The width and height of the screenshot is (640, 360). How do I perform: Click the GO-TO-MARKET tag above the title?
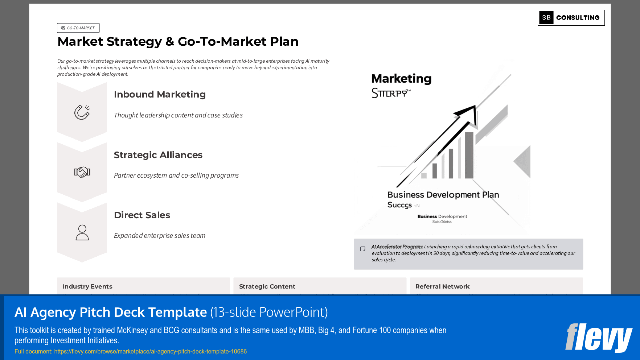[x=78, y=28]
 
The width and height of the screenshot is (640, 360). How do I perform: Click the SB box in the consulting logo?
[x=546, y=18]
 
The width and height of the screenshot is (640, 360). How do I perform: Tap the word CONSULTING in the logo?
[x=578, y=18]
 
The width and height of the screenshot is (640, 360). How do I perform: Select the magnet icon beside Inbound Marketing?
[x=82, y=112]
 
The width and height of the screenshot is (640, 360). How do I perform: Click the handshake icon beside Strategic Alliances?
[x=82, y=172]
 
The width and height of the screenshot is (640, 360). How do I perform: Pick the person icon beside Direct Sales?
[x=82, y=232]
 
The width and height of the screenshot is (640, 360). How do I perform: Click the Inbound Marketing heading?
[x=160, y=94]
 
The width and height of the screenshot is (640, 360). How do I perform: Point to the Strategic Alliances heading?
[x=158, y=155]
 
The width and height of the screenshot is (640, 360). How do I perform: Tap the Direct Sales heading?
[x=142, y=215]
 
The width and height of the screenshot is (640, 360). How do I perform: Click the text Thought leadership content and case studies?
[x=178, y=115]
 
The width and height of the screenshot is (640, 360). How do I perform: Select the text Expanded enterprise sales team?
[x=160, y=236]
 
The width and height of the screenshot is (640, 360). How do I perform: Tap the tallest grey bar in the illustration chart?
[x=469, y=155]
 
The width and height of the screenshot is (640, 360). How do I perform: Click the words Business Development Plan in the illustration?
[x=443, y=195]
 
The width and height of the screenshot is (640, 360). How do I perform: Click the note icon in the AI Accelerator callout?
[x=362, y=249]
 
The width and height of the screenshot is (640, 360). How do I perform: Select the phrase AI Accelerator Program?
[x=397, y=247]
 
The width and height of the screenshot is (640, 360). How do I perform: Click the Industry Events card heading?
[x=87, y=286]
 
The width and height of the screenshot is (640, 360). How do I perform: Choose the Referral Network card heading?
[x=442, y=286]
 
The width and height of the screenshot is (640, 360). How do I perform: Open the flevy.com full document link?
[x=150, y=351]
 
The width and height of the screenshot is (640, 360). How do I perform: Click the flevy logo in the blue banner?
[x=598, y=337]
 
